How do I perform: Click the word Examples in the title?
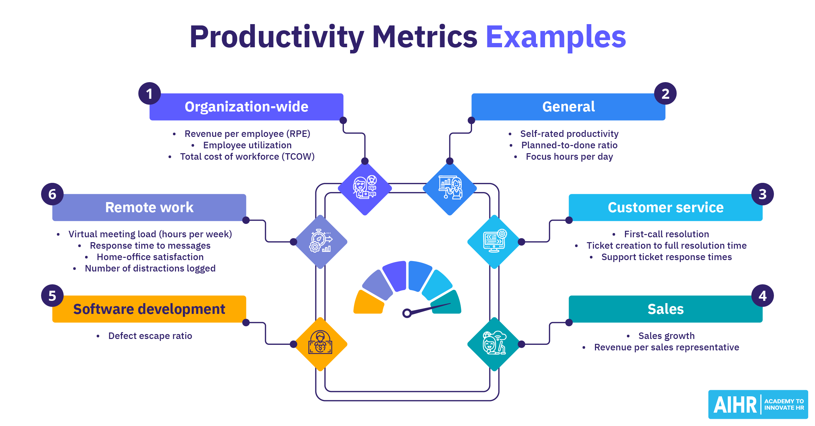[x=556, y=37]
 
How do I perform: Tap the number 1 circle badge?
[x=149, y=94]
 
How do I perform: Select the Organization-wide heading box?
[x=246, y=107]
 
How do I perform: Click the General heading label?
[x=568, y=107]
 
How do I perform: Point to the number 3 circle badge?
[x=762, y=194]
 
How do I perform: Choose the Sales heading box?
[x=665, y=309]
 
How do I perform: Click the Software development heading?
[x=149, y=309]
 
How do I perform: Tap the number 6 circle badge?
[x=52, y=194]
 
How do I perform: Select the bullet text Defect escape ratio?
[x=150, y=336]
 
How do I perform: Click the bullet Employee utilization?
[x=247, y=145]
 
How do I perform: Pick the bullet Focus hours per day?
[x=569, y=157]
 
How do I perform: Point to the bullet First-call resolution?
[x=666, y=234]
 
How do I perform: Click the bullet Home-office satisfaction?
[x=150, y=257]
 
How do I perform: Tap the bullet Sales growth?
[x=666, y=336]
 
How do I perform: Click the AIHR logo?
[x=758, y=404]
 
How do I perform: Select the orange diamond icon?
[x=320, y=344]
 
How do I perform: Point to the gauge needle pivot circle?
[x=407, y=313]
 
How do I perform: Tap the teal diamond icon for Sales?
[x=495, y=344]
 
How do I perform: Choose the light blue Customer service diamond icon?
[x=495, y=242]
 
